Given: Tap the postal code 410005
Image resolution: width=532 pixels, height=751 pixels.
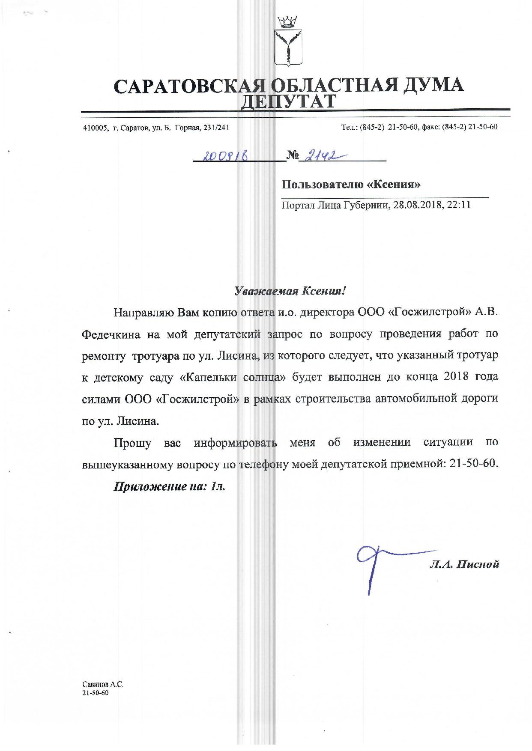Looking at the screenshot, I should (95, 128).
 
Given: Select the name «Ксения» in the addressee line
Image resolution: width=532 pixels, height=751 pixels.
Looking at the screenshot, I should (394, 185).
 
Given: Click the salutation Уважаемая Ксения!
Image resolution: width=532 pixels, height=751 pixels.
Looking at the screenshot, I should (290, 291).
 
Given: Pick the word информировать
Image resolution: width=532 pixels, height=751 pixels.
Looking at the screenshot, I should (235, 442).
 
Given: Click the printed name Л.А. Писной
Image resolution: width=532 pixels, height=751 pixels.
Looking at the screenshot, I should (465, 564).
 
